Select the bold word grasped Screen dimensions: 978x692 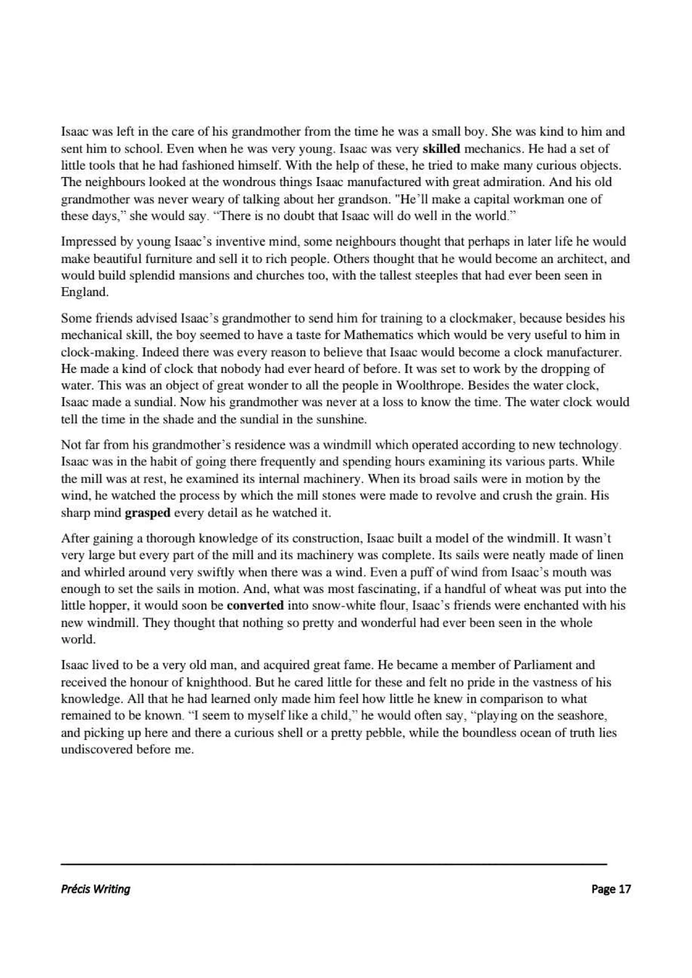coord(147,513)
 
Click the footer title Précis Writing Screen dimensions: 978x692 coord(95,890)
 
